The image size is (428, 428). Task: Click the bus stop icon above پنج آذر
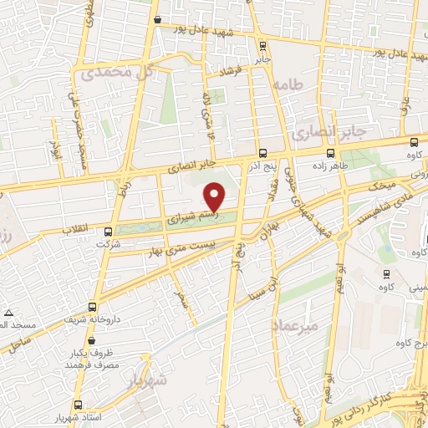[263, 153]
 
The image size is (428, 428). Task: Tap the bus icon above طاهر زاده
[331, 153]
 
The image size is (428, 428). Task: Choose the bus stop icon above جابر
[263, 46]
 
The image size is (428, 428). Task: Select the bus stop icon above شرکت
[108, 232]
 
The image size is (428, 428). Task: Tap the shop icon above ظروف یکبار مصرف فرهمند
[90, 341]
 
